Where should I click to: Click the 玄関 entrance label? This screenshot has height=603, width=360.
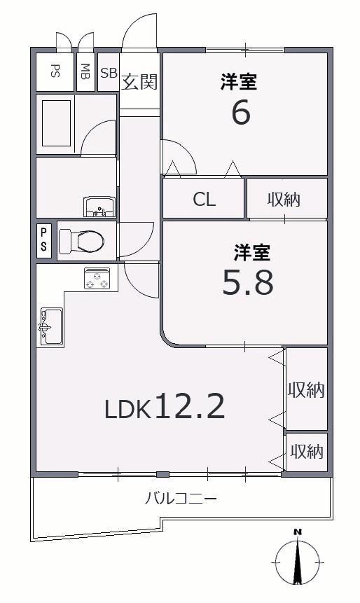click(x=139, y=81)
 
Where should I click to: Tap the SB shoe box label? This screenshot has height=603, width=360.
click(x=109, y=73)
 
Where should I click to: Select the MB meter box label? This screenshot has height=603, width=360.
click(x=85, y=71)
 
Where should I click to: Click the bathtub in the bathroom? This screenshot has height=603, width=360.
click(x=57, y=123)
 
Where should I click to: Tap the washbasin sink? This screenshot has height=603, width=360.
click(x=99, y=207)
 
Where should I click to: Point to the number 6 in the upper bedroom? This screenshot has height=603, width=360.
click(x=241, y=112)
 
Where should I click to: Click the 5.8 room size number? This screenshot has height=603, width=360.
click(x=248, y=282)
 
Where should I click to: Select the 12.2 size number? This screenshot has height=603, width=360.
click(x=190, y=406)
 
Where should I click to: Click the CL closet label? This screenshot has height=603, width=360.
click(x=205, y=200)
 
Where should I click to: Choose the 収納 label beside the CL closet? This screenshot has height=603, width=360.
click(x=284, y=200)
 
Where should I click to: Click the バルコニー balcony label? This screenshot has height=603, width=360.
click(x=181, y=499)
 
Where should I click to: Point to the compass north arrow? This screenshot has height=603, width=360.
click(x=297, y=562)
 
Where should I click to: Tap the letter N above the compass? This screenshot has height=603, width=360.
click(x=297, y=533)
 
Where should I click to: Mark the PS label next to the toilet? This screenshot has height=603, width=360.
click(x=44, y=240)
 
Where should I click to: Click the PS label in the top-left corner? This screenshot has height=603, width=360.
click(x=55, y=72)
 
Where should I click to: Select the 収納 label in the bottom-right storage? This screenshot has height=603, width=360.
click(x=307, y=452)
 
